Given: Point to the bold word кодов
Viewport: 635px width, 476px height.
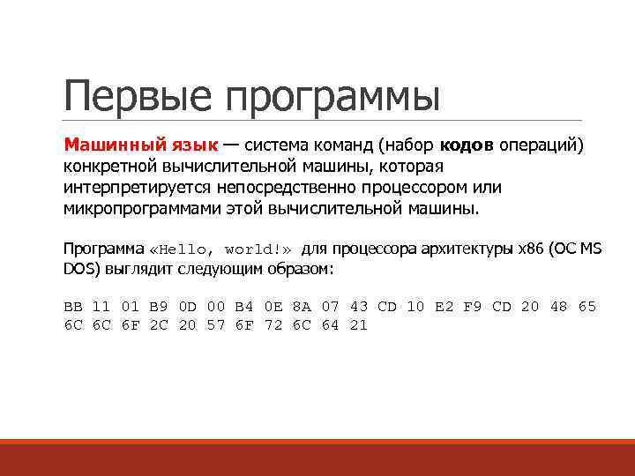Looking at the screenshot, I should [467, 145].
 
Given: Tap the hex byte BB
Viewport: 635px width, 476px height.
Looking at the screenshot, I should [73, 307].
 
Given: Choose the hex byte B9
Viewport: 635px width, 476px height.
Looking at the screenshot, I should [159, 307].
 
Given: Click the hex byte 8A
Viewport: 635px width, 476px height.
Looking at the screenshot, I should [302, 307].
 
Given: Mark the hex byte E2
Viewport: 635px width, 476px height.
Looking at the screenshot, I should [444, 307].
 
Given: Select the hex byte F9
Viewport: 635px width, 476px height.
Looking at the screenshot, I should [473, 307].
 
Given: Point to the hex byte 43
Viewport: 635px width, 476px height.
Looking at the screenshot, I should [359, 307].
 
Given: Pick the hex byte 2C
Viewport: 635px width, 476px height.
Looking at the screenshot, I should [159, 325].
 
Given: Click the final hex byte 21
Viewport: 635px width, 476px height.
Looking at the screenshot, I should [359, 325].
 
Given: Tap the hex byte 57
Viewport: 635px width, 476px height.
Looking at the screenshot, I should [216, 325].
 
